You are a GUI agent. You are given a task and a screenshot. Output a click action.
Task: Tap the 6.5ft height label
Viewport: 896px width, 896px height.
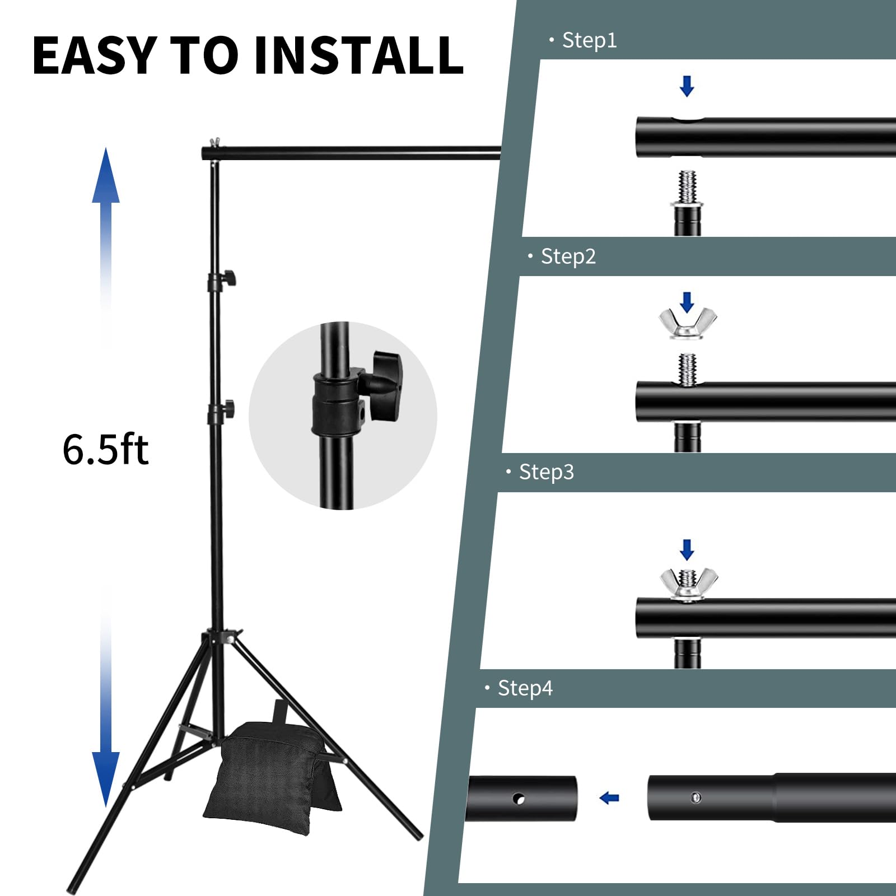tap(105, 450)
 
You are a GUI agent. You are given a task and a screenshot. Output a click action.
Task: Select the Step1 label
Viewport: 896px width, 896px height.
tap(589, 40)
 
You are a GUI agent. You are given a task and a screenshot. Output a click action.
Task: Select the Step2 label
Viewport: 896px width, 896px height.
tap(567, 256)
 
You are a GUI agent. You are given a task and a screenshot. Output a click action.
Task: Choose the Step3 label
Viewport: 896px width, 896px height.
tap(546, 472)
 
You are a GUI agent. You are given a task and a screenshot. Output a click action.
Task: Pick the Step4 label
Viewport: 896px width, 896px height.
tap(525, 688)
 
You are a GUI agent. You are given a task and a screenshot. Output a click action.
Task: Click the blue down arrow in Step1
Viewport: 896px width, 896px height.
tap(687, 86)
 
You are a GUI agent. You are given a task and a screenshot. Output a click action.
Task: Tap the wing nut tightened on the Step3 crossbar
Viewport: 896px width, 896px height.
tap(688, 584)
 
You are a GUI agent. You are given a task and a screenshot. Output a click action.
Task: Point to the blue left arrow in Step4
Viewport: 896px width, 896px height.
tap(609, 798)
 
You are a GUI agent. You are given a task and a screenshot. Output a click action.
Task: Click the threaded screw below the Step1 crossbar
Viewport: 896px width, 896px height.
tap(687, 188)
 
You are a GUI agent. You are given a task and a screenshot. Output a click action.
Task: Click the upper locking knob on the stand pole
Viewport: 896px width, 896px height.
tap(229, 278)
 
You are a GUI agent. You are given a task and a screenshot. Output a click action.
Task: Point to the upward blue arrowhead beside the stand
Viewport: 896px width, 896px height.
tap(106, 176)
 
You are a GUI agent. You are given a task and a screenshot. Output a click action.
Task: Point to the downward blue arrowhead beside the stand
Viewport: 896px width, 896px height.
tap(106, 778)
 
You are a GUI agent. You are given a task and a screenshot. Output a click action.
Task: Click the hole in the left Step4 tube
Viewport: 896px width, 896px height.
tap(519, 799)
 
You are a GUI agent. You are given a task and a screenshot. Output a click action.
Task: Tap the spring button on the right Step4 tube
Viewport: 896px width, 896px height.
tap(696, 797)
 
